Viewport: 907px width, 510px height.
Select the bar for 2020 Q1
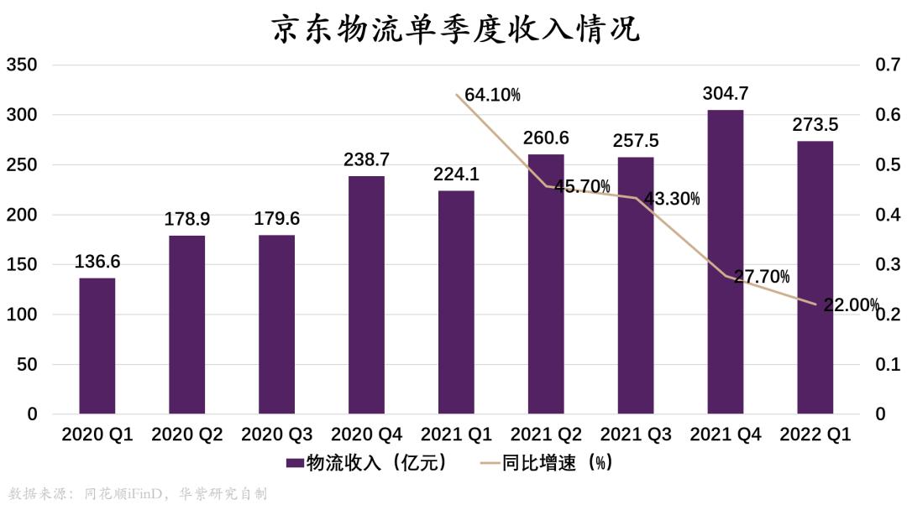click(97, 346)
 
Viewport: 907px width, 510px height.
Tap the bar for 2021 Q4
click(725, 262)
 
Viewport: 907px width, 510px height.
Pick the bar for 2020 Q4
click(366, 294)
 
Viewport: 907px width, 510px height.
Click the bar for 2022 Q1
click(815, 277)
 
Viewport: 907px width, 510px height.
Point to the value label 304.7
click(726, 94)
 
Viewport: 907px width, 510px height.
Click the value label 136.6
click(97, 262)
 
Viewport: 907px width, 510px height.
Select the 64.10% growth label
click(492, 96)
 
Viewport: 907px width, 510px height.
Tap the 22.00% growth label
click(851, 305)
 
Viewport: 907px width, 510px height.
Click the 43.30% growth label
click(672, 200)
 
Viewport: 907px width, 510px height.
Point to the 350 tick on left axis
click(22, 65)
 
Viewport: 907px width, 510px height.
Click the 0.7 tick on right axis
click(888, 65)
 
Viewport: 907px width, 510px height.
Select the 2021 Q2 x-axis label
click(546, 435)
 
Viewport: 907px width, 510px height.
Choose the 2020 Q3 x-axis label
click(276, 435)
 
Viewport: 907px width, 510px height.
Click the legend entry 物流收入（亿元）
click(366, 463)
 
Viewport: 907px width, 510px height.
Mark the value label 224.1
click(456, 174)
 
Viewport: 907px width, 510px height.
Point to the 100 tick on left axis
click(22, 315)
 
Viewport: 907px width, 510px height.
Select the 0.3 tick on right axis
click(888, 265)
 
